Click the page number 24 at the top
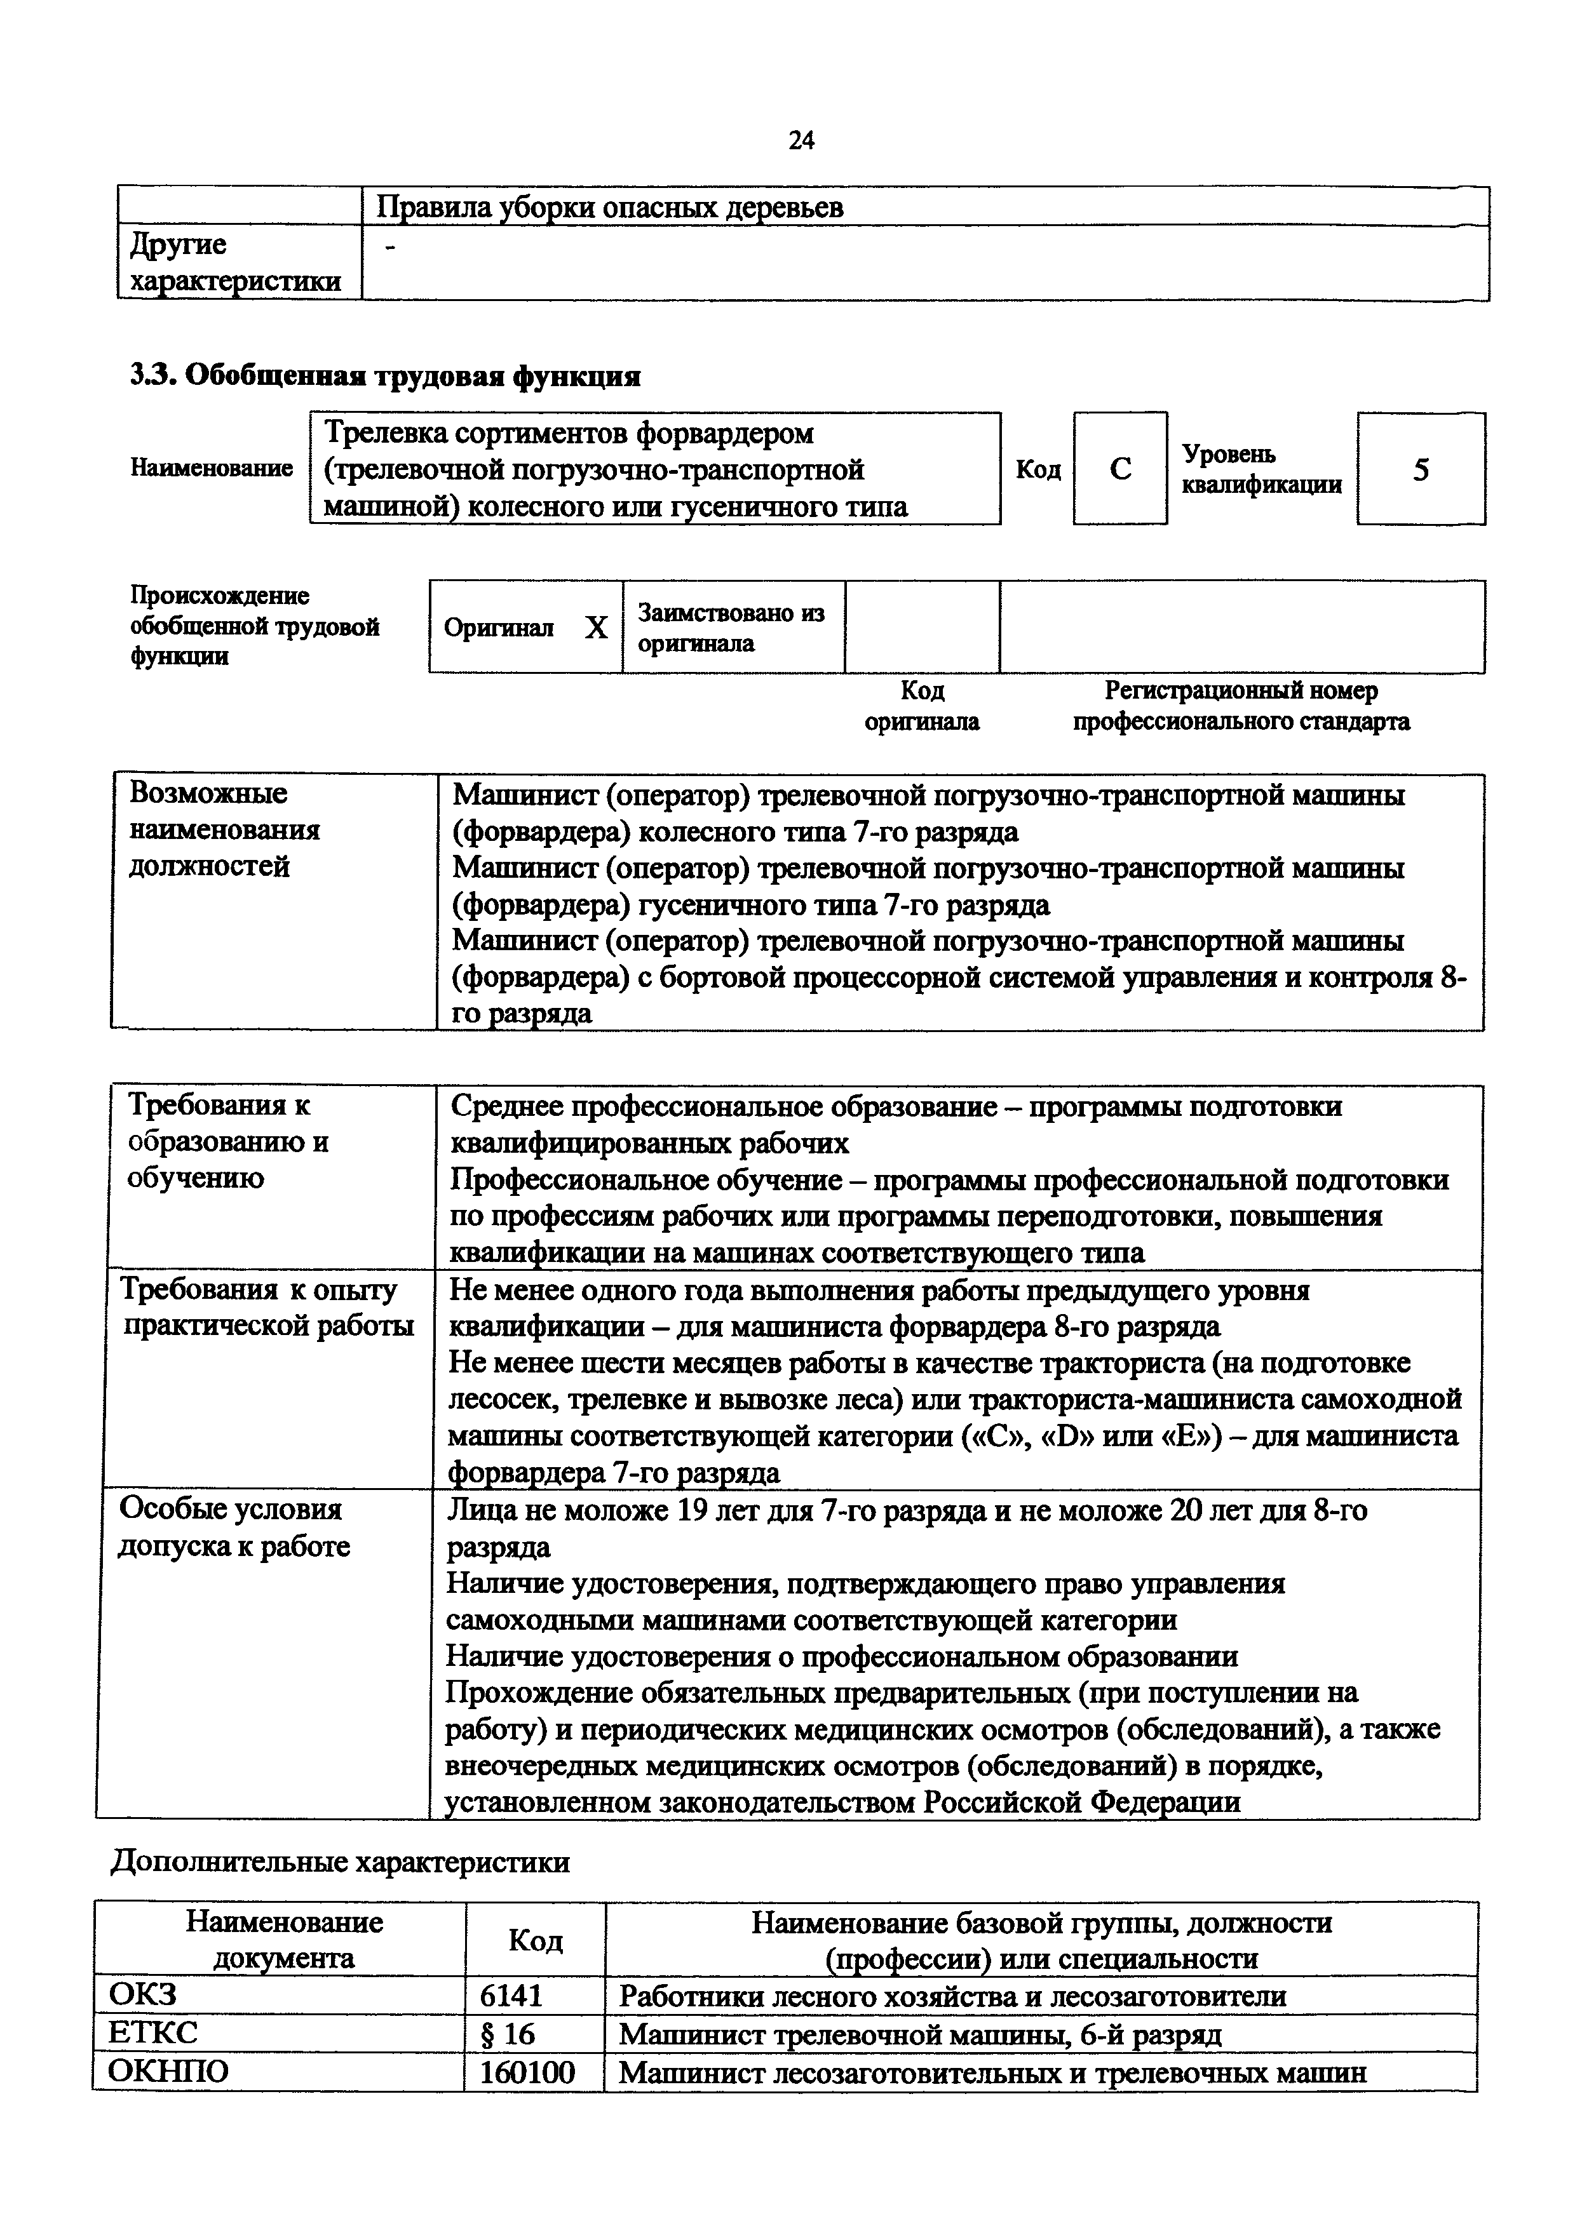pyautogui.click(x=802, y=141)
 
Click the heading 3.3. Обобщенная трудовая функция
pyautogui.click(x=385, y=375)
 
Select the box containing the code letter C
pyautogui.click(x=1120, y=469)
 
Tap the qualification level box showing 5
pyautogui.click(x=1421, y=469)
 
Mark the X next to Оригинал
pyautogui.click(x=596, y=628)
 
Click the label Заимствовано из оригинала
pyautogui.click(x=730, y=628)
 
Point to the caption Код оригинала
pyautogui.click(x=922, y=706)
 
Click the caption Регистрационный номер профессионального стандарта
pyautogui.click(x=1241, y=706)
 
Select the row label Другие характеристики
pyautogui.click(x=236, y=262)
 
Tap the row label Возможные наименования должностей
pyautogui.click(x=225, y=829)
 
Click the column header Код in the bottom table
pyautogui.click(x=536, y=1940)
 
